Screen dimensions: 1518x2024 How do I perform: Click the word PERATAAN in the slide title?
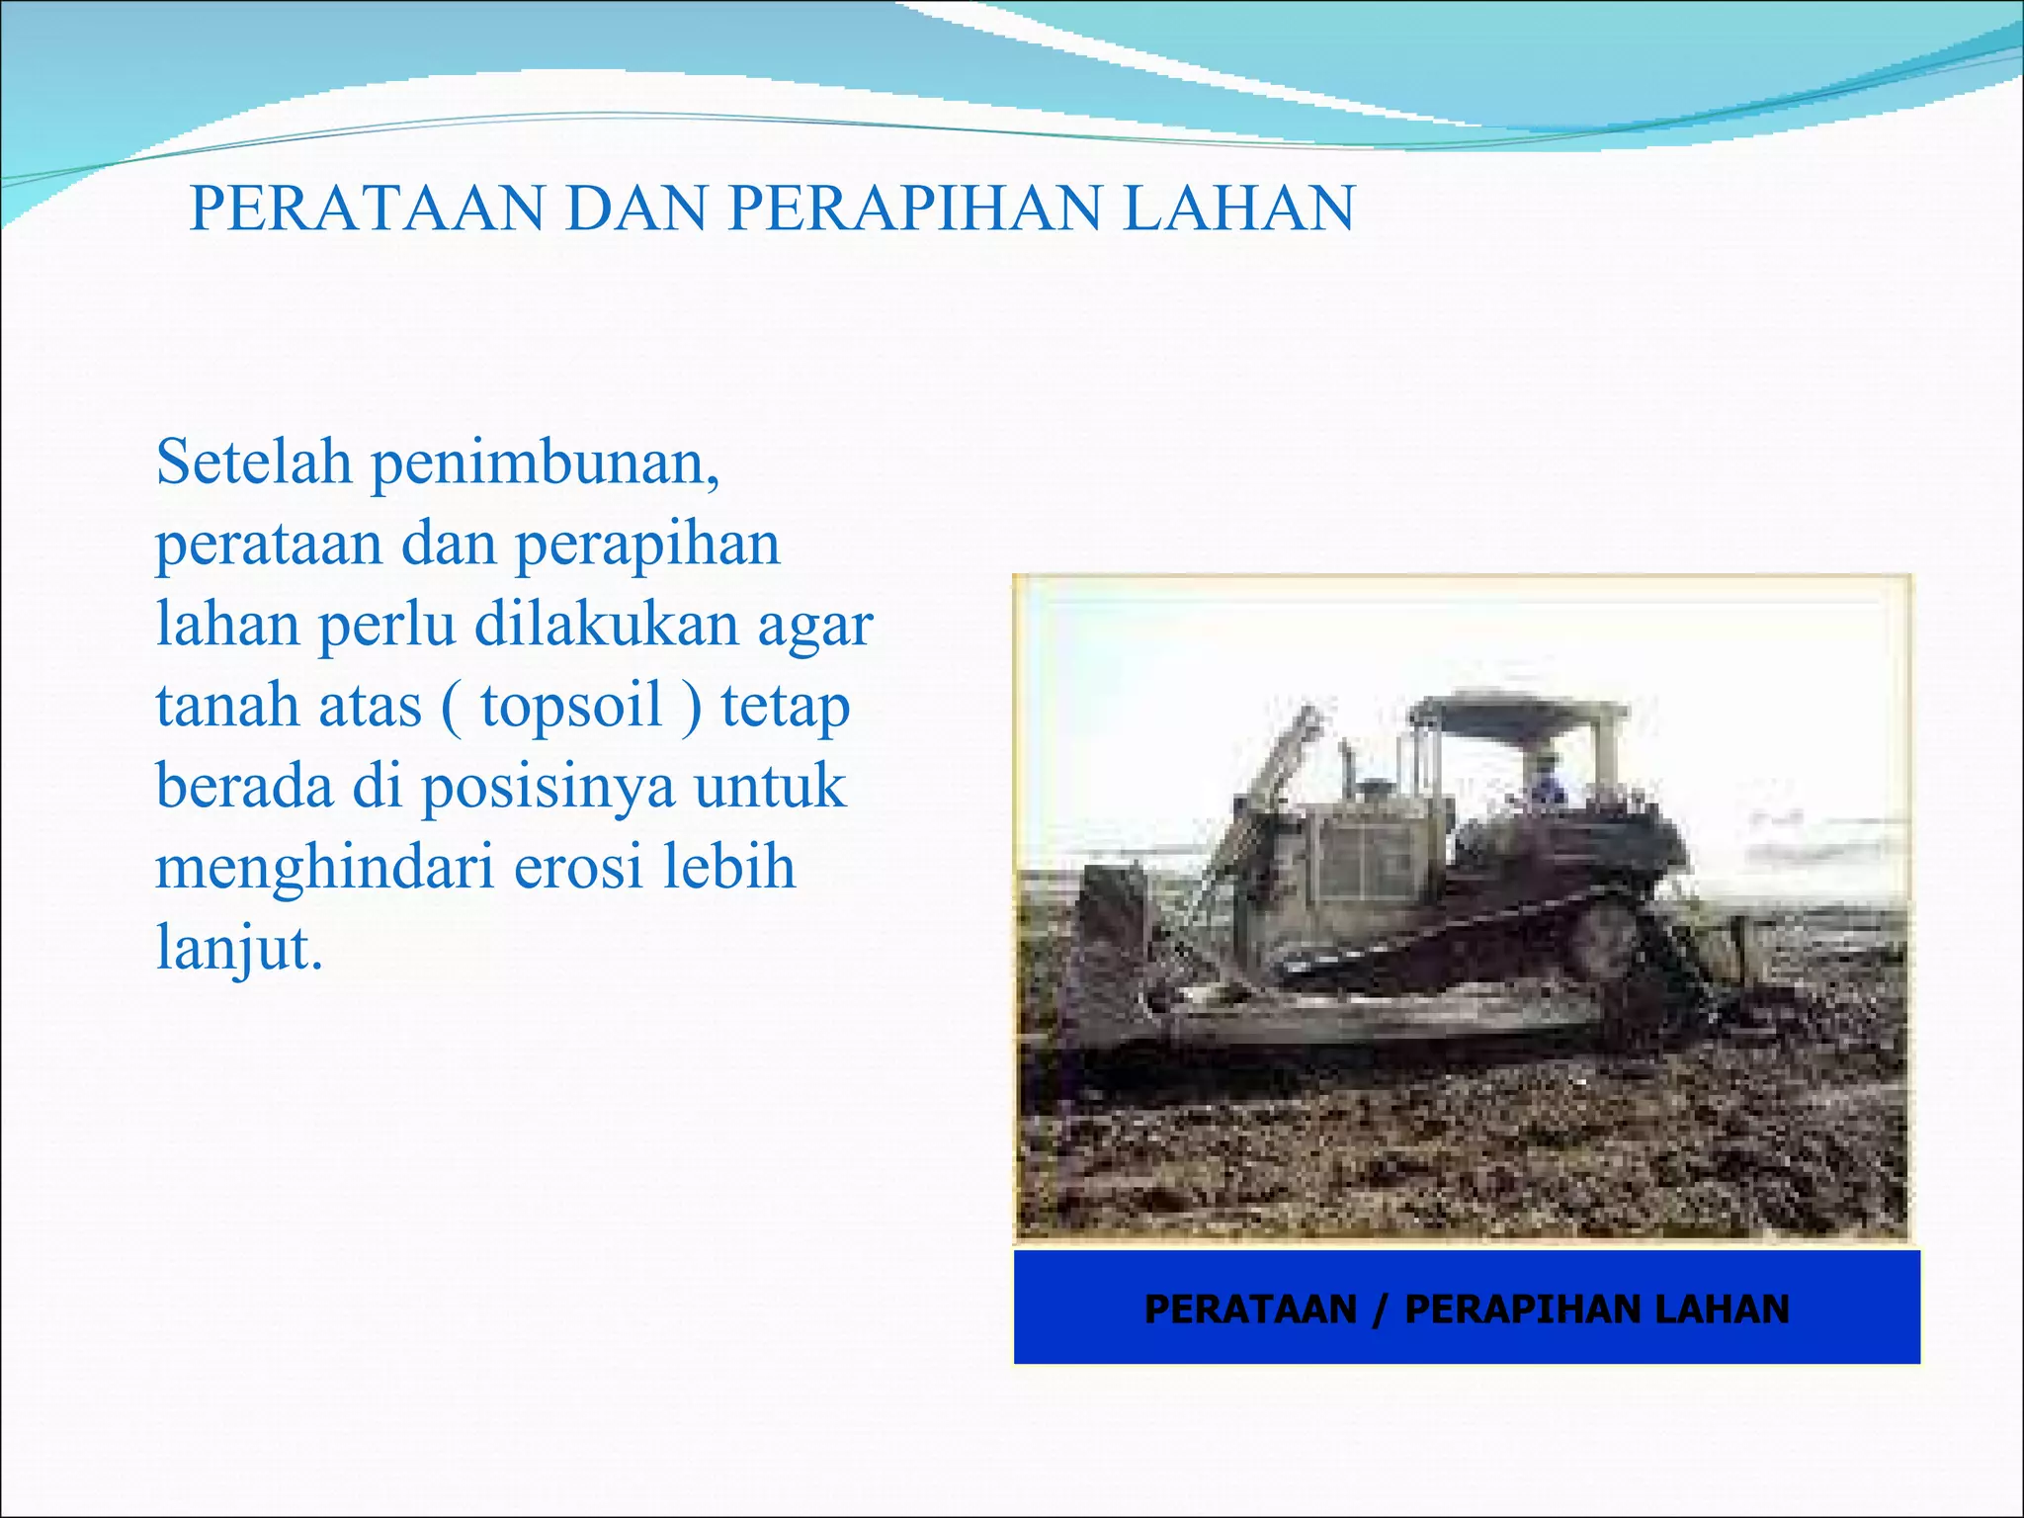pos(367,209)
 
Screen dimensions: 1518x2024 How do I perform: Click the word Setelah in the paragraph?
pos(253,462)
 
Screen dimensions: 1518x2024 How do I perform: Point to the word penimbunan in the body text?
pos(544,464)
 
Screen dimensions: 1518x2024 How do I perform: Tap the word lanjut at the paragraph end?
pos(238,949)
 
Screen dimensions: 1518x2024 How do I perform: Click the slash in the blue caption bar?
pos(1381,1309)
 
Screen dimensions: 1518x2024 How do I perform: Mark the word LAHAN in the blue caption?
pos(1721,1309)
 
